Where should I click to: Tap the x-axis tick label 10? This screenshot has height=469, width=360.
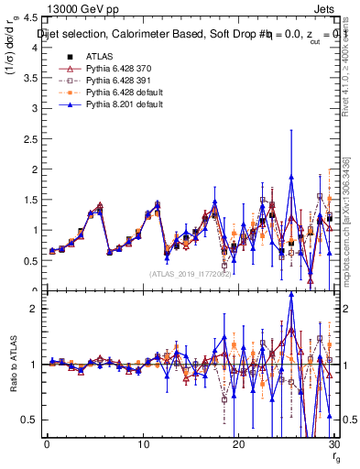click(143, 443)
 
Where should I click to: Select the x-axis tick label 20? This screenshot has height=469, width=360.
click(238, 443)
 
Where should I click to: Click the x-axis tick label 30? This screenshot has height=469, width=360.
click(333, 443)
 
